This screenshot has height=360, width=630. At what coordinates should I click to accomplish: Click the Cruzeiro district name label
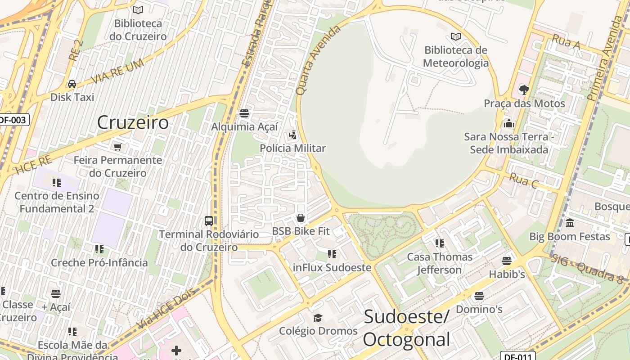[x=133, y=122]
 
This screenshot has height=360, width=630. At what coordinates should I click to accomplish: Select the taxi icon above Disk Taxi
[x=72, y=84]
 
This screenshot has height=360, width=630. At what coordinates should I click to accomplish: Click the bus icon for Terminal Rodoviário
[x=208, y=220]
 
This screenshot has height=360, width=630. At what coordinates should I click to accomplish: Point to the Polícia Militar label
[x=292, y=148]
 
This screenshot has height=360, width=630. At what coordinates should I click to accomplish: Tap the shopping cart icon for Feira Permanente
[x=118, y=147]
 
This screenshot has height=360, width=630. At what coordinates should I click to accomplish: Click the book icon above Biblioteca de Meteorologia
[x=455, y=36]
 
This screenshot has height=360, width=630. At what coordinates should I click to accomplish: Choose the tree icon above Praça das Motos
[x=524, y=90]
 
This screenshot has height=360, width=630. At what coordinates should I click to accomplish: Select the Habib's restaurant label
[x=507, y=274]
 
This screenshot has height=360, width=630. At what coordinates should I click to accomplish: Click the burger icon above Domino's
[x=479, y=296]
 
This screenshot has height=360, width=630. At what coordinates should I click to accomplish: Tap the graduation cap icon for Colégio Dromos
[x=318, y=318]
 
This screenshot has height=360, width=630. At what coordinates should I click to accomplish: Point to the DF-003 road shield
[x=13, y=120]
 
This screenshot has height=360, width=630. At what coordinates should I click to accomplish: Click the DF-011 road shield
[x=517, y=356]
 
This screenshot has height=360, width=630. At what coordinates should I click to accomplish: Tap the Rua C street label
[x=523, y=181]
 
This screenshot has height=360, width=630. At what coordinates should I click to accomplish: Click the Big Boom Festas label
[x=569, y=236]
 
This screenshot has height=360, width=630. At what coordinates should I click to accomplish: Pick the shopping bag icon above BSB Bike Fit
[x=301, y=218]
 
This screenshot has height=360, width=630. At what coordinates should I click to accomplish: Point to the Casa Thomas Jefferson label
[x=439, y=263]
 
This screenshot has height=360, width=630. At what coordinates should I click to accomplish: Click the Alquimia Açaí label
[x=244, y=127]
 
